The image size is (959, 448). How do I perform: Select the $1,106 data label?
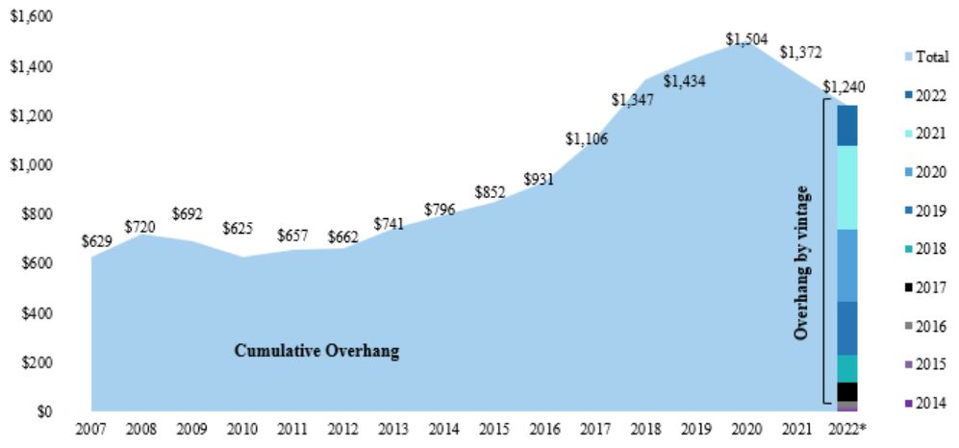[x=586, y=139]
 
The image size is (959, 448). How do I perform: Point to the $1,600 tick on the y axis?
[x=30, y=18]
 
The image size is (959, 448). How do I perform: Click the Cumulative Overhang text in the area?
[x=316, y=351]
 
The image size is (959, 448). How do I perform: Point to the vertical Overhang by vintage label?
[x=800, y=263]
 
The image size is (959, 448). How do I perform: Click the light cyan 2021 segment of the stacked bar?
[x=847, y=187]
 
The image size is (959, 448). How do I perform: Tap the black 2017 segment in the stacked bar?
[x=847, y=391]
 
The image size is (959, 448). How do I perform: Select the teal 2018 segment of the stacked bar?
[x=847, y=368]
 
